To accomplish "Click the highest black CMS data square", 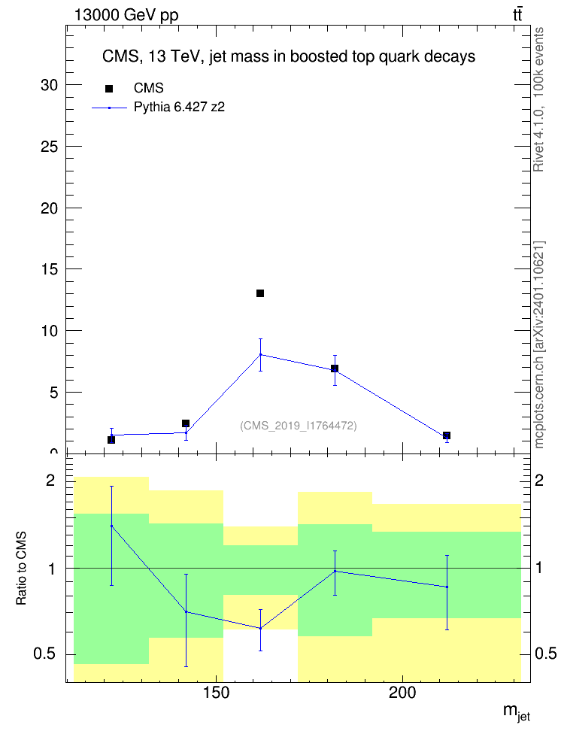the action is point(260,293).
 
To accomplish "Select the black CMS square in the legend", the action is point(109,89).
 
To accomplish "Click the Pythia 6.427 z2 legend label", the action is point(179,108).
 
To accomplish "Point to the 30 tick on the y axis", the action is point(49,85).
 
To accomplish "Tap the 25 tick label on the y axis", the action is point(49,147).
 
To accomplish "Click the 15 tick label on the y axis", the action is point(49,269).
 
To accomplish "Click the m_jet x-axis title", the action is point(516,712).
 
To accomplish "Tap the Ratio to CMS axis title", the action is point(22,568).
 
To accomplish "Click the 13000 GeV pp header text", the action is point(126,15).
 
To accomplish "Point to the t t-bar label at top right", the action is point(517,14).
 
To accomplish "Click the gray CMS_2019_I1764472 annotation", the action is point(299,426).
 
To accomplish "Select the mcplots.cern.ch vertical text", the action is point(539,345).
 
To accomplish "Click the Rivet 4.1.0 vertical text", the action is point(539,99).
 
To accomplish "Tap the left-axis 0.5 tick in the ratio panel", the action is point(45,654).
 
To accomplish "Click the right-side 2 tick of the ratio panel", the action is point(539,480).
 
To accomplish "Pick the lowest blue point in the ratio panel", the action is point(260,628).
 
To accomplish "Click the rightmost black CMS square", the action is point(446,435).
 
